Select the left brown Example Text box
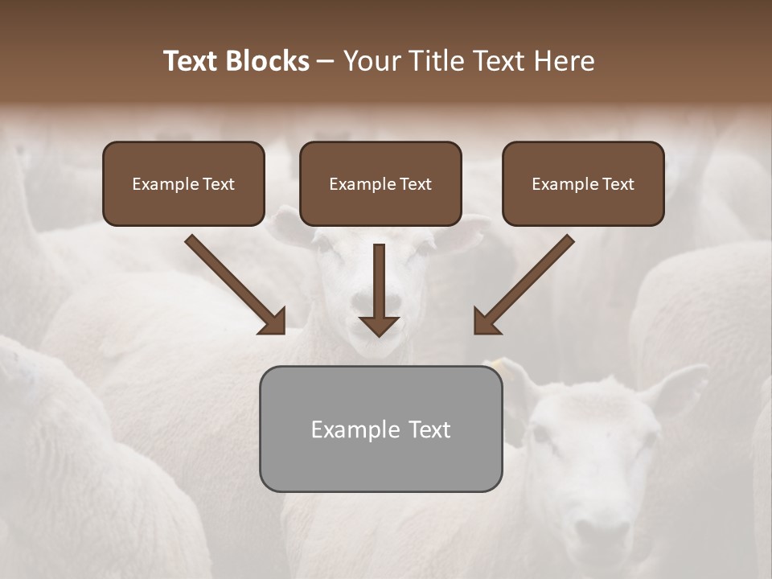click(x=183, y=183)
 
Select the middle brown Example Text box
click(x=380, y=183)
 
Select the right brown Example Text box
click(x=583, y=183)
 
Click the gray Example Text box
click(x=380, y=429)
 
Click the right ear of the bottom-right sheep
click(x=677, y=386)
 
